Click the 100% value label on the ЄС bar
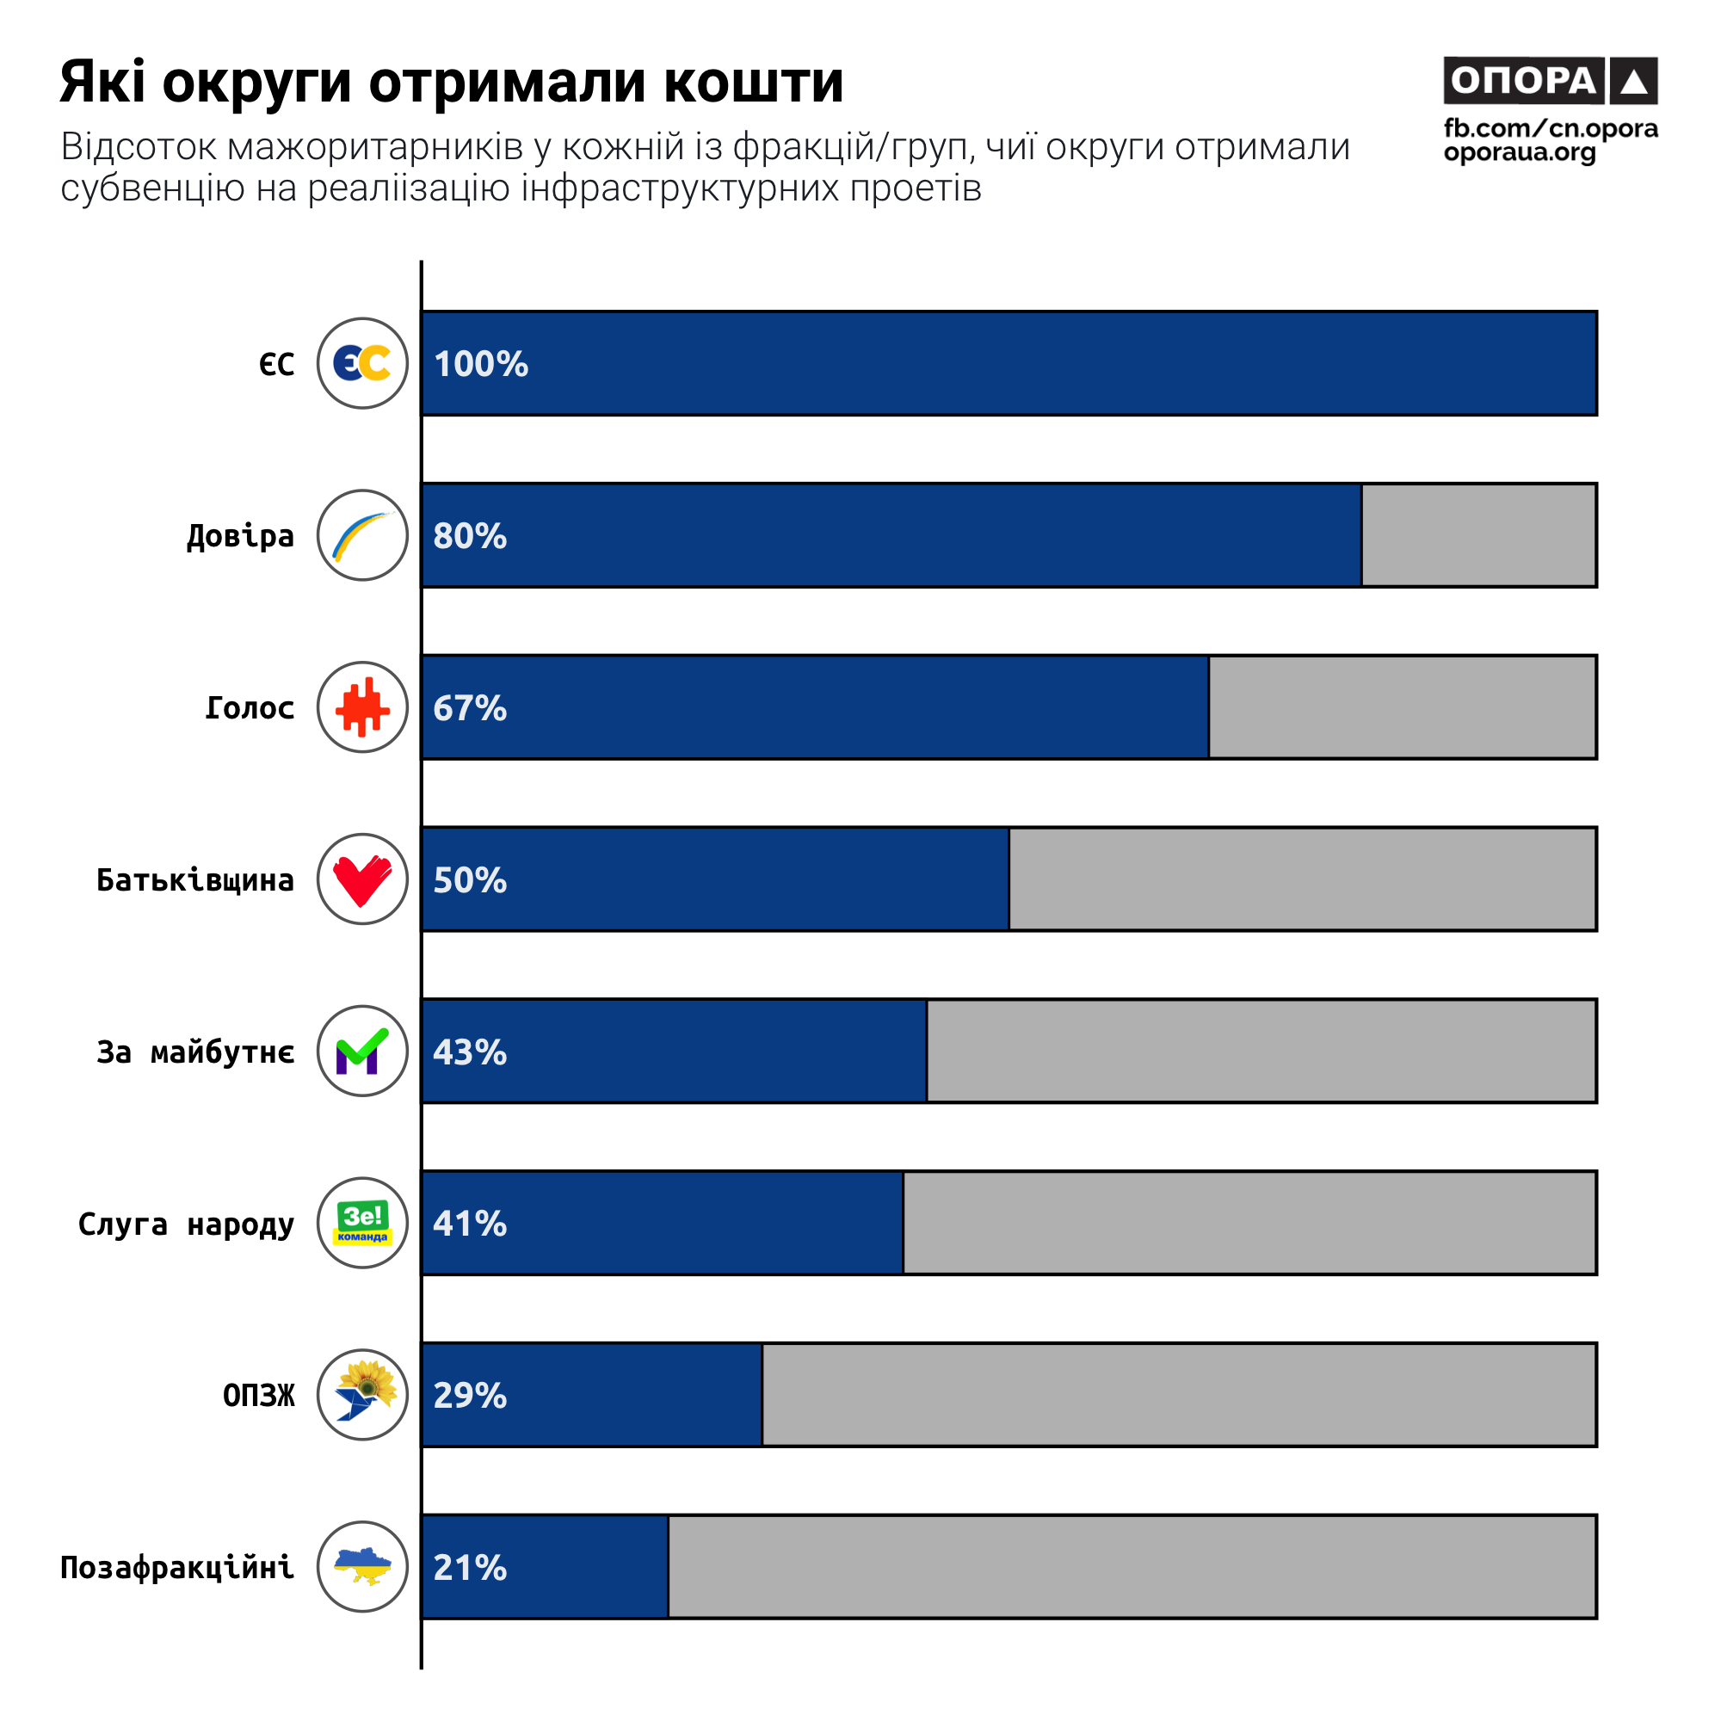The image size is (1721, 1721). click(481, 364)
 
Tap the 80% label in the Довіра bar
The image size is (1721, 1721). click(470, 536)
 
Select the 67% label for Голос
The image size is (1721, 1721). click(470, 708)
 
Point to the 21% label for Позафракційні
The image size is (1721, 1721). click(470, 1568)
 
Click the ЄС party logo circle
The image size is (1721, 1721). click(362, 363)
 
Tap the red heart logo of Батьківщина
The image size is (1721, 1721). click(362, 879)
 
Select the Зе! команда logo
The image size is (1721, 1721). click(362, 1223)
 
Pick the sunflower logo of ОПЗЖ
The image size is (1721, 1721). click(362, 1395)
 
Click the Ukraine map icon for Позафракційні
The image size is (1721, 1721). click(362, 1567)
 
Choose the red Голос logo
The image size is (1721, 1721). click(362, 707)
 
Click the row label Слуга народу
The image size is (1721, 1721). click(186, 1224)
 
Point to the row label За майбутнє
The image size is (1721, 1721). click(195, 1053)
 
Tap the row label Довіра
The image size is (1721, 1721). click(241, 536)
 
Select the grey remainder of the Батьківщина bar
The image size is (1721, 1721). click(1302, 879)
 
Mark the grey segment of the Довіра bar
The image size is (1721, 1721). click(1478, 535)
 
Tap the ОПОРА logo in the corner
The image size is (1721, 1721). click(1550, 81)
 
